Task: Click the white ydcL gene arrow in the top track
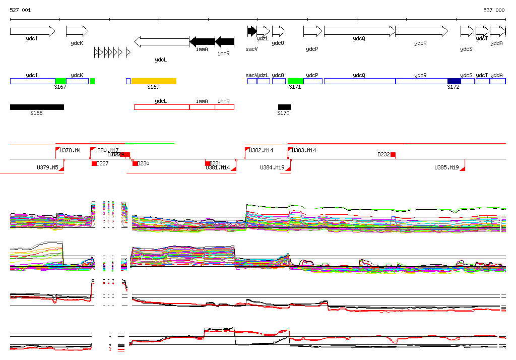point(161,42)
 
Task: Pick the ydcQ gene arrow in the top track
point(359,31)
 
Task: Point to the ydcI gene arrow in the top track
point(32,31)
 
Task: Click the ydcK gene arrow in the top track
point(77,31)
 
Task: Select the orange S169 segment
point(154,81)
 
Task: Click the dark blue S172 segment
point(454,81)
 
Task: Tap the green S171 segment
point(295,81)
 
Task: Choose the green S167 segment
point(60,81)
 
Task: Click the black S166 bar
point(37,107)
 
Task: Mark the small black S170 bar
point(284,107)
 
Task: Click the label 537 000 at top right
point(493,10)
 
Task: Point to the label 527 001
point(20,10)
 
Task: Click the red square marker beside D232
point(393,154)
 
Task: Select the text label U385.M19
point(446,167)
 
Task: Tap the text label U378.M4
point(70,150)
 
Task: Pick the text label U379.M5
point(47,167)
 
